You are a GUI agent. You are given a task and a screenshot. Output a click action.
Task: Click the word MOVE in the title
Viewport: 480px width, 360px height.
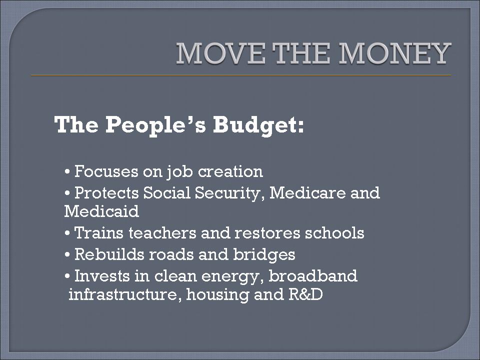[220, 53]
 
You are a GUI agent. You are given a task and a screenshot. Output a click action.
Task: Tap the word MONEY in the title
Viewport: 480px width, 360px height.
[394, 53]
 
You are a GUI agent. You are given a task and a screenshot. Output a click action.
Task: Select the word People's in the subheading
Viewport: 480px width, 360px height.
[156, 125]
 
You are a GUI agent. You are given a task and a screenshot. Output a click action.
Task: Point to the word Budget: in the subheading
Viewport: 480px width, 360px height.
[258, 125]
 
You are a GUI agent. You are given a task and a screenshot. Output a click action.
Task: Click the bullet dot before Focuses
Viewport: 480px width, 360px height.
[67, 171]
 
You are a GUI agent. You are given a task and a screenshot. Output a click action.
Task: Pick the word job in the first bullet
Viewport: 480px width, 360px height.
[179, 172]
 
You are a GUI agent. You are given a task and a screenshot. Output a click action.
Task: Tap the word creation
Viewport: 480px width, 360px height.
[230, 171]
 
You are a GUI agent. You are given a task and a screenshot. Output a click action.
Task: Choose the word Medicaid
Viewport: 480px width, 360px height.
[101, 211]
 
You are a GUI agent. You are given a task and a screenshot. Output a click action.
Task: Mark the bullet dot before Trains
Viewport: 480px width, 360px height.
[67, 233]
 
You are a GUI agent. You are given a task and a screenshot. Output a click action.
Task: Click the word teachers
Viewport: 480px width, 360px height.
[162, 233]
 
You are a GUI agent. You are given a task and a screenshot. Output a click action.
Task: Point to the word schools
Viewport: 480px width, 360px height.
[334, 233]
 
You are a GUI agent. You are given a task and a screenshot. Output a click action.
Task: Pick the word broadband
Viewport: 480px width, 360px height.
[313, 276]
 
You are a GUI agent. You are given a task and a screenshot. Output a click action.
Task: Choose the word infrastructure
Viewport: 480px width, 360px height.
[123, 294]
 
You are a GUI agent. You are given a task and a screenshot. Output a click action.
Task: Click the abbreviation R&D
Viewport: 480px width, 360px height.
[305, 294]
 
